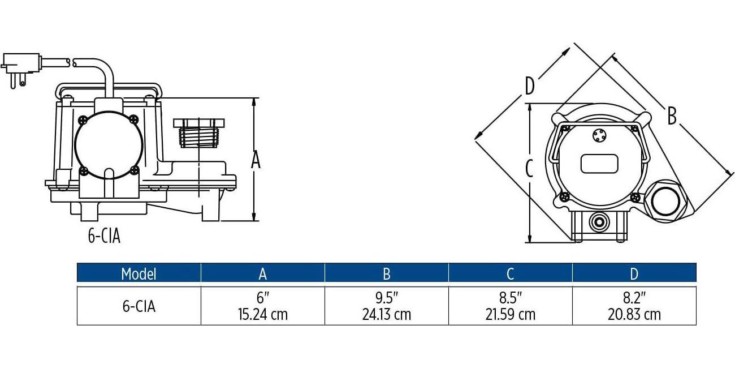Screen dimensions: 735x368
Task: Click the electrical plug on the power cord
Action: [21, 69]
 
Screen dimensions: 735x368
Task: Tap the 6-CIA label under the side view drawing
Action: [104, 236]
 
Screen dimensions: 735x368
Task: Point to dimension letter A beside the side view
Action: [256, 160]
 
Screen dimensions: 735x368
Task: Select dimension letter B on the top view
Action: [672, 116]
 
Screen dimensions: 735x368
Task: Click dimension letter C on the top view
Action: [529, 168]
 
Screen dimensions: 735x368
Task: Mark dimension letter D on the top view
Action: [530, 85]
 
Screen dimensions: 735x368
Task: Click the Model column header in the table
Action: [139, 273]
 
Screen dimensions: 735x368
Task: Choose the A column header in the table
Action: [262, 273]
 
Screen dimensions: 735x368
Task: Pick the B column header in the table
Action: [387, 273]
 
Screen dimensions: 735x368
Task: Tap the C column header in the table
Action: [510, 273]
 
